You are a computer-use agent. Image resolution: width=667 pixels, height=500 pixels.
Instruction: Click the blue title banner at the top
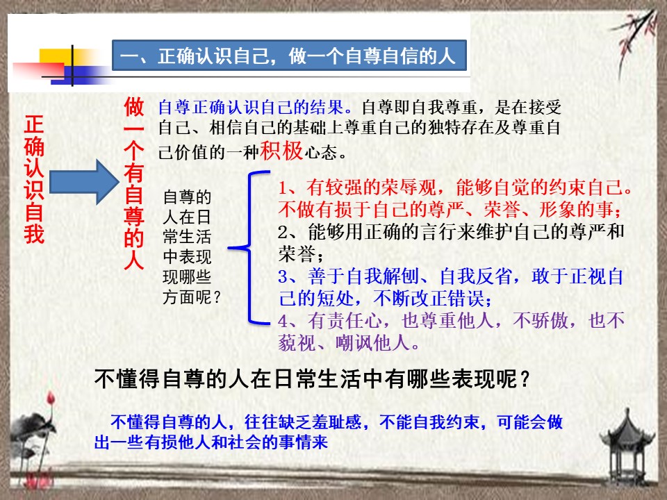(289, 56)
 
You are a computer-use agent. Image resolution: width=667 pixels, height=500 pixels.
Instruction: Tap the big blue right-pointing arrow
(84, 182)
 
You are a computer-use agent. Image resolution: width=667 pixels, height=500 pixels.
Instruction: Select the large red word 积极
(281, 150)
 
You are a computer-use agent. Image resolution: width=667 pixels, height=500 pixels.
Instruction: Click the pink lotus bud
(51, 399)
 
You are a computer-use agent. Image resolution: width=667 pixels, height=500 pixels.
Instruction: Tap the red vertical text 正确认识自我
(34, 179)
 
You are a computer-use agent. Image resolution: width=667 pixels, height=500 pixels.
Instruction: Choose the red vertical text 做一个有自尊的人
(134, 183)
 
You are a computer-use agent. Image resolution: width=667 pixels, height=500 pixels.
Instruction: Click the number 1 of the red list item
(283, 187)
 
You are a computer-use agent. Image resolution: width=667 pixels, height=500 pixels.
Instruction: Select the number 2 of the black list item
(283, 232)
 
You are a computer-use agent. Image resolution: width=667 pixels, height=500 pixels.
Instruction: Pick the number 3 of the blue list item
(283, 277)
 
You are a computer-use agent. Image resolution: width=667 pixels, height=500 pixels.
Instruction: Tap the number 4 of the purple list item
(283, 321)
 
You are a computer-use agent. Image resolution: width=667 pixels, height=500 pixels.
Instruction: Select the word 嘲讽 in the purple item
(354, 342)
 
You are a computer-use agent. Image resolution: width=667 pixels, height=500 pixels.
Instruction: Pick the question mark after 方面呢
(217, 297)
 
